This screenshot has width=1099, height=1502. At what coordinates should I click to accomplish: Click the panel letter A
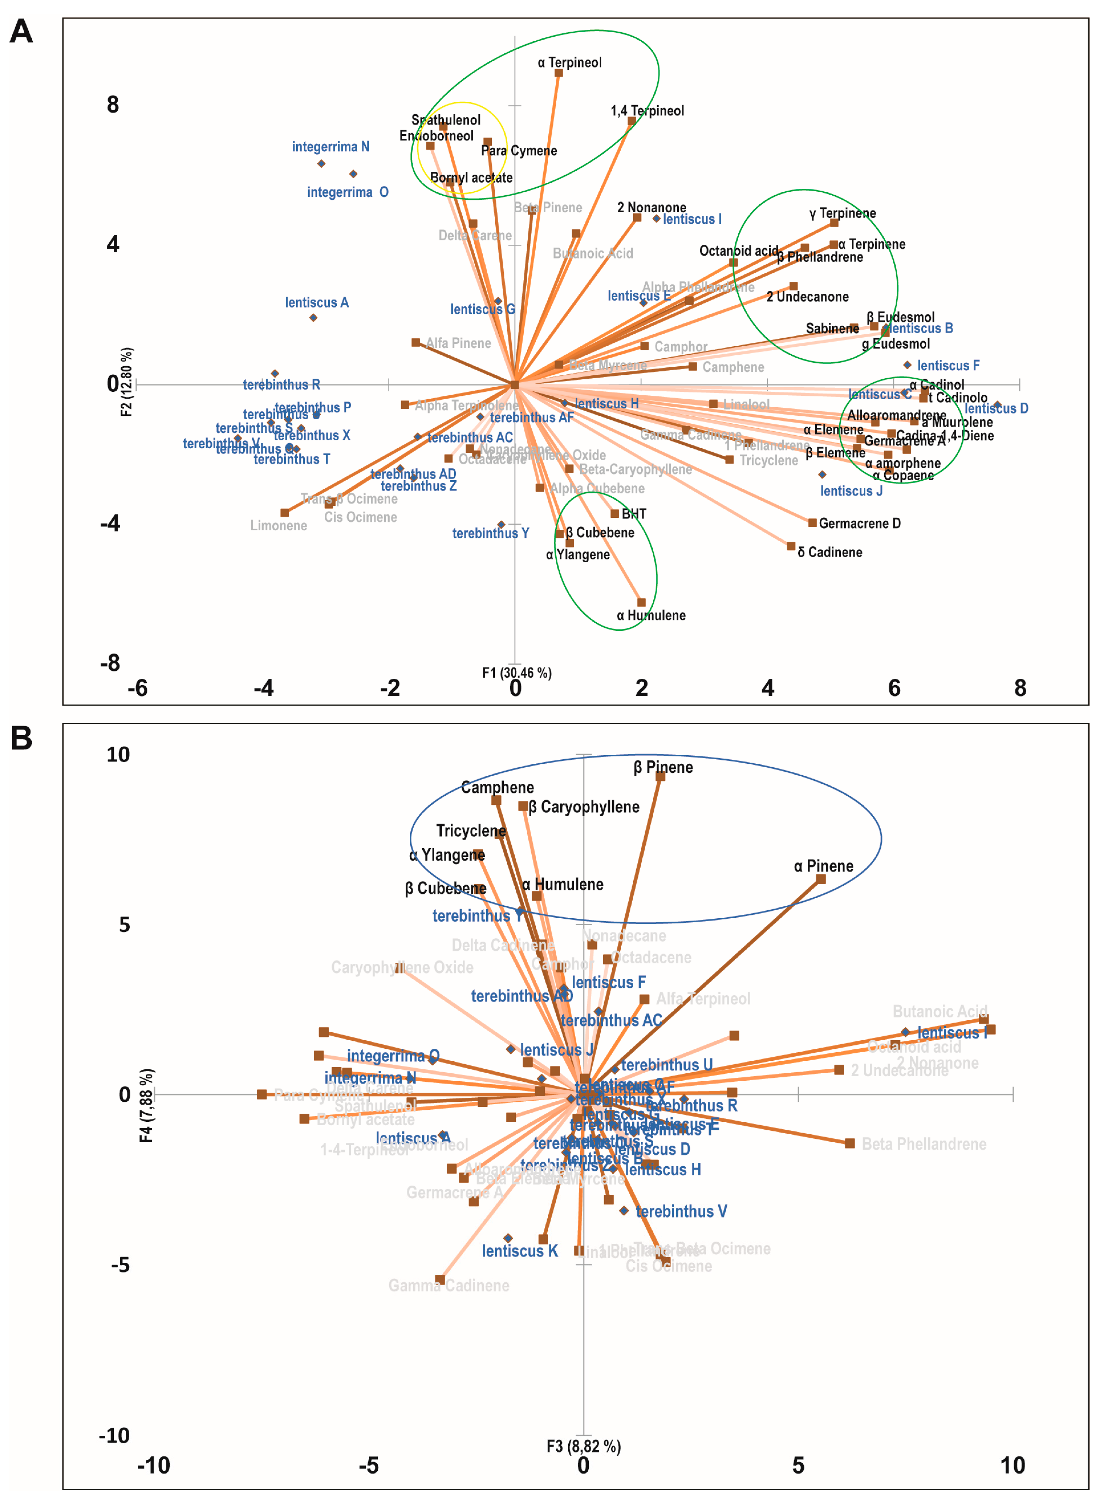pyautogui.click(x=21, y=31)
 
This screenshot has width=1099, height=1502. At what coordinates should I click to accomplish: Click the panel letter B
pyautogui.click(x=21, y=738)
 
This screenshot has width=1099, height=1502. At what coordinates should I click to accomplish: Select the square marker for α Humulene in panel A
pyautogui.click(x=641, y=602)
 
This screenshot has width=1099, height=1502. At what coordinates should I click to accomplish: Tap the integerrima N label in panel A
pyautogui.click(x=331, y=146)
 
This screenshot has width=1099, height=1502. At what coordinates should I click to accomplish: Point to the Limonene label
pyautogui.click(x=279, y=526)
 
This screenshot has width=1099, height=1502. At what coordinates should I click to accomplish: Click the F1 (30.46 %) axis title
pyautogui.click(x=517, y=673)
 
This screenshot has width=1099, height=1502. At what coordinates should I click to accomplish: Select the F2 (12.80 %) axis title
pyautogui.click(x=126, y=382)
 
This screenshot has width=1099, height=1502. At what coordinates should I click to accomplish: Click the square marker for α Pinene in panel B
pyautogui.click(x=821, y=879)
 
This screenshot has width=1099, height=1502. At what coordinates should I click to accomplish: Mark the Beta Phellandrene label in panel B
pyautogui.click(x=924, y=1144)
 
